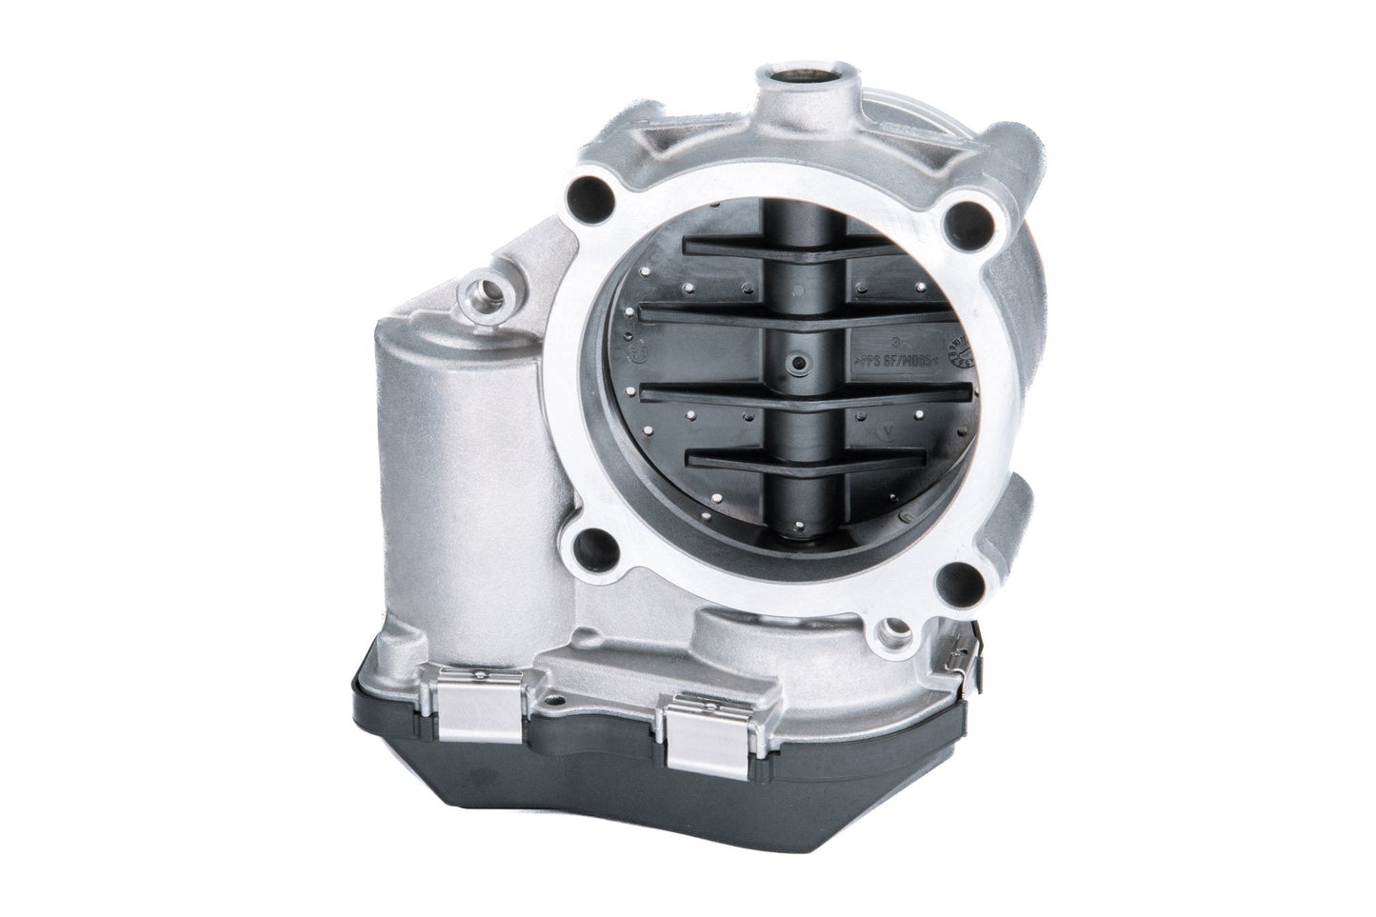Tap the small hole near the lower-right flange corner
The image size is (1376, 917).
892,628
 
